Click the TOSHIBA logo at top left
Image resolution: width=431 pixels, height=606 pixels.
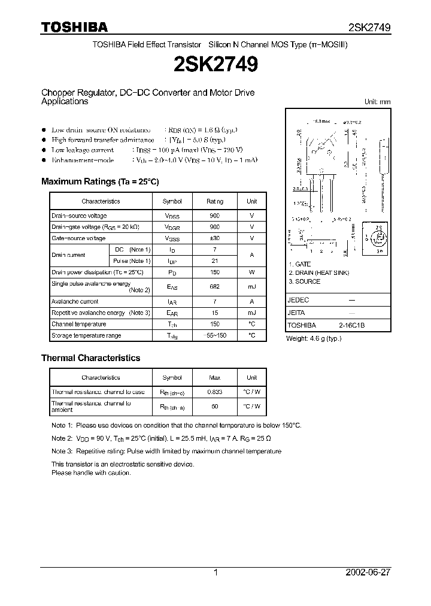[x=74, y=27]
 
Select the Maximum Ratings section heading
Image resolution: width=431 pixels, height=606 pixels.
[x=100, y=181]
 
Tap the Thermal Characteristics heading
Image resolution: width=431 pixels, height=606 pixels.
[x=90, y=358]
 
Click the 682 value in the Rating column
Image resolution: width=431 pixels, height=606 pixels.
[x=215, y=287]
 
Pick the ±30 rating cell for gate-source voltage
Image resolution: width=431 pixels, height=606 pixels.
[x=215, y=238]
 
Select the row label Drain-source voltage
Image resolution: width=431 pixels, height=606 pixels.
[x=79, y=216]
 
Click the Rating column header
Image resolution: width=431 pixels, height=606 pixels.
[x=215, y=202]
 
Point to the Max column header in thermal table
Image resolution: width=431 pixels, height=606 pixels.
[x=215, y=378]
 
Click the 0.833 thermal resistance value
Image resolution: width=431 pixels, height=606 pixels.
[x=215, y=392]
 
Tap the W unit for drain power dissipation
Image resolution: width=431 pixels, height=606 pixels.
[x=252, y=272]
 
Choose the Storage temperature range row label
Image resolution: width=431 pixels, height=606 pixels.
[x=86, y=336]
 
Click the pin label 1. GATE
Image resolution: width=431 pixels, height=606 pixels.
[x=300, y=265]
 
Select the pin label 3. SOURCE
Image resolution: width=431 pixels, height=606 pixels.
[x=304, y=281]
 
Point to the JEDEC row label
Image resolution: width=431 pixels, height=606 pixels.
[x=299, y=300]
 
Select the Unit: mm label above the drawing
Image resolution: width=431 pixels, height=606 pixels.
[x=377, y=102]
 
